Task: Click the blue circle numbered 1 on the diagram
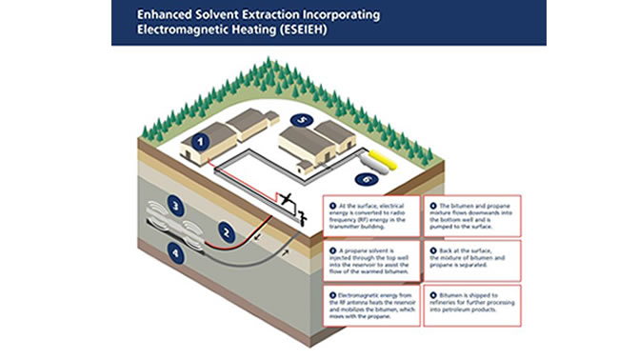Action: point(201,141)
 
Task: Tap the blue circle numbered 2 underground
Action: point(226,230)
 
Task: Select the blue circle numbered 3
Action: point(175,203)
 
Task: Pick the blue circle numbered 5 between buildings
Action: point(301,119)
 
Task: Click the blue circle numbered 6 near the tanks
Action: point(367,178)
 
